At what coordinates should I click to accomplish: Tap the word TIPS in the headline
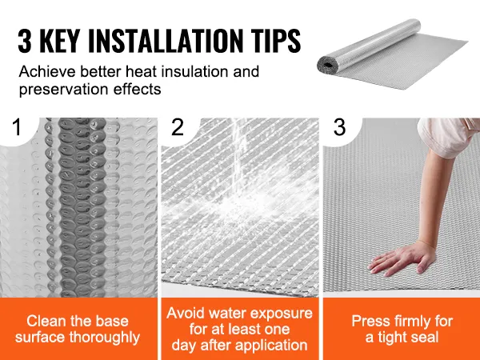(277, 41)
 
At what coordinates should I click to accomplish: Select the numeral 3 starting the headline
(25, 42)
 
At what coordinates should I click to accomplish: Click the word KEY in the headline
(59, 41)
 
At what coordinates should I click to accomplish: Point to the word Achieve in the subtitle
(47, 72)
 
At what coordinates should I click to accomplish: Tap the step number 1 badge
(17, 126)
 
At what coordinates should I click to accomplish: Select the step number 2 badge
(178, 126)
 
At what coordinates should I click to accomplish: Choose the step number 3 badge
(339, 126)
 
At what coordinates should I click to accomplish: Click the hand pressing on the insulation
(402, 258)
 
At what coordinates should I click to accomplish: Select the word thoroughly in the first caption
(104, 338)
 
